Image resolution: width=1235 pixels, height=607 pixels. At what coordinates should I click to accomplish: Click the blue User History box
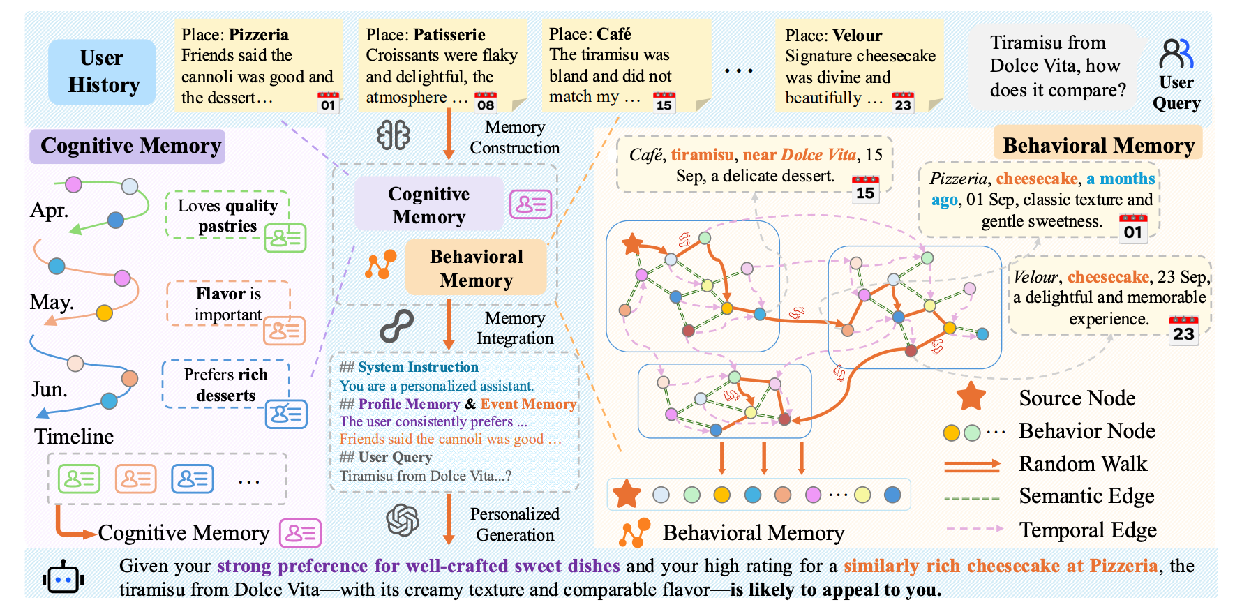102,72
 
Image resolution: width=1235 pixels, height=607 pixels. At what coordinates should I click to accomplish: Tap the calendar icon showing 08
486,103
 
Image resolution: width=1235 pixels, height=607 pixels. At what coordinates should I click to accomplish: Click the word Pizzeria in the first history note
259,35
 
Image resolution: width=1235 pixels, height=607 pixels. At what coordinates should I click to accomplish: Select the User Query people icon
1176,54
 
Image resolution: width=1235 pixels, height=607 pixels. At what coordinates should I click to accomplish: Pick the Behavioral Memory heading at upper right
1098,145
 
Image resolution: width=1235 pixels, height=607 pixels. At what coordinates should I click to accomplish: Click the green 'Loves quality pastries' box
227,216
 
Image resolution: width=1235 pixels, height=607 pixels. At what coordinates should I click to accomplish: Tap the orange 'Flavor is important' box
228,304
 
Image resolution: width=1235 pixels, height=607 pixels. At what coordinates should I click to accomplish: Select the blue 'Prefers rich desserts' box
225,384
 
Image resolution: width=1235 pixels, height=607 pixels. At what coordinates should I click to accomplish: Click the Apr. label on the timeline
50,210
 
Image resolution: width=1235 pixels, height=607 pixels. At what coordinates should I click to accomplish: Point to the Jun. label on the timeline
50,389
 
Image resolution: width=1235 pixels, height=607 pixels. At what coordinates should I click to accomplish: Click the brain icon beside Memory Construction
394,135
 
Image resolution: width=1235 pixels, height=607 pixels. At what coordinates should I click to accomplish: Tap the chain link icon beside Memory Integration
396,326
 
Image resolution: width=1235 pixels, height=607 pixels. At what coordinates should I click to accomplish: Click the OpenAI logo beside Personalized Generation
403,520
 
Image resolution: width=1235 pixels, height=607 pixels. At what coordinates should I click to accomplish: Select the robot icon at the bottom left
63,578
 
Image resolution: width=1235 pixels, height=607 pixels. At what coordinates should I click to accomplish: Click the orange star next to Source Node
971,397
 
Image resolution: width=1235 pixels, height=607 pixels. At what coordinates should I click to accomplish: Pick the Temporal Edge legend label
1088,530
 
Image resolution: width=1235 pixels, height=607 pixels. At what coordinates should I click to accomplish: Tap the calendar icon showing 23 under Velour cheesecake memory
1183,330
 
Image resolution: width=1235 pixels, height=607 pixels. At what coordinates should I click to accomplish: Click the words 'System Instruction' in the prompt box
418,367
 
